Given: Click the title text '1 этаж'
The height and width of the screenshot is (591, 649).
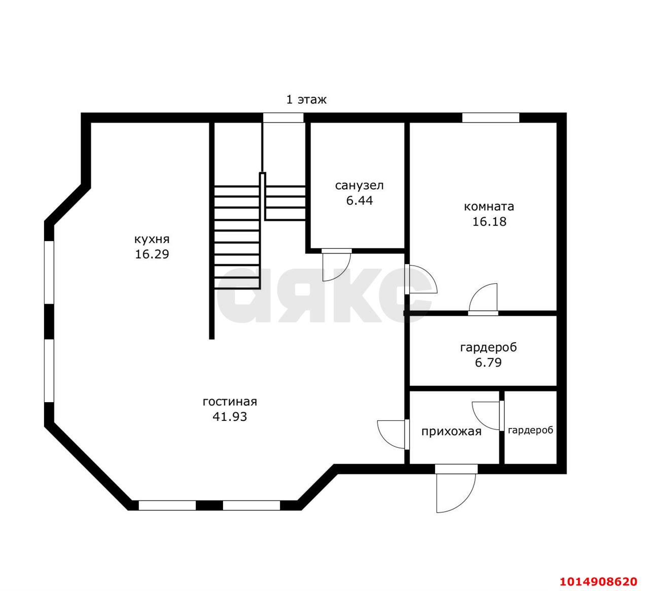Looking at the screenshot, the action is [306, 100].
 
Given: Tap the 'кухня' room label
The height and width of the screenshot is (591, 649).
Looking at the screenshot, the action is [152, 240].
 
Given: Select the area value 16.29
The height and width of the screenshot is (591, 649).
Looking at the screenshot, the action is [152, 254].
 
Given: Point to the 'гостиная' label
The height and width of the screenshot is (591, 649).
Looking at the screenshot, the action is [230, 402].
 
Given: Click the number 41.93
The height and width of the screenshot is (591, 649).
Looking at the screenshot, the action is [230, 417].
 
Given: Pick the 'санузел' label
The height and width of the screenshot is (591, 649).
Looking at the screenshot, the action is [359, 186].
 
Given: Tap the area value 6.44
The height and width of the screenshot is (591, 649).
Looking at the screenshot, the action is [359, 201].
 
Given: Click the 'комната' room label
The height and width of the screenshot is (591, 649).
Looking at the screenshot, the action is [489, 207].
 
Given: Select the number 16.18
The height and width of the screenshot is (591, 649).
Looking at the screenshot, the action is [489, 221].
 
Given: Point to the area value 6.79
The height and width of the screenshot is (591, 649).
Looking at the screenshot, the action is [488, 362].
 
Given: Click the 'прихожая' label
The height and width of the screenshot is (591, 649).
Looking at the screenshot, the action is [451, 432].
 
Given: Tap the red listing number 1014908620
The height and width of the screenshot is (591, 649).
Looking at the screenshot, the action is [598, 573].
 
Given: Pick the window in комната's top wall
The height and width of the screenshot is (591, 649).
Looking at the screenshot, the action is [490, 118].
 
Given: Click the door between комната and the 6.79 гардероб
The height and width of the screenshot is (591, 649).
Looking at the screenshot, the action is [483, 299].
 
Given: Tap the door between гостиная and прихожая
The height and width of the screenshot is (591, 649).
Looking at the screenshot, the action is [393, 435].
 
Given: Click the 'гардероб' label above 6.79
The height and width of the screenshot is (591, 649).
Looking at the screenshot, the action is [488, 348].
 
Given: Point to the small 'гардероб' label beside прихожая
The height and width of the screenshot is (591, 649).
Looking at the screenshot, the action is [530, 430].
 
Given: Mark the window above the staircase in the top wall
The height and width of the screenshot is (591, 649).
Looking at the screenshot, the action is [283, 118].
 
